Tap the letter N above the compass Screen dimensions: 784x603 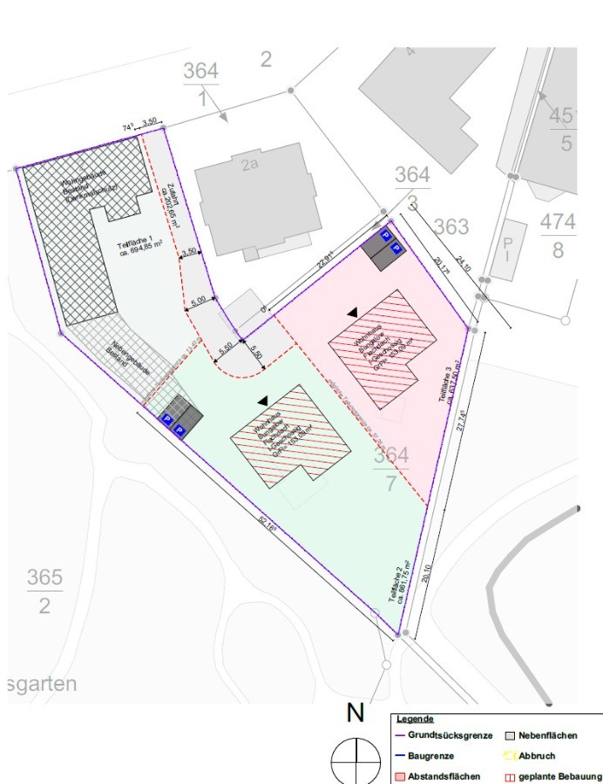[355, 713]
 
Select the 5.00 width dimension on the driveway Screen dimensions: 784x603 [198, 300]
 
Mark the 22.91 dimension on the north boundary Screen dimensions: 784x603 [326, 261]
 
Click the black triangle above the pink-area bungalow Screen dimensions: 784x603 [352, 311]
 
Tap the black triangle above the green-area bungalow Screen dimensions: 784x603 [263, 401]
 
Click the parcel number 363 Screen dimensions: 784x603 [451, 227]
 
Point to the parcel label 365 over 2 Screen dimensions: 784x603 [44, 591]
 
